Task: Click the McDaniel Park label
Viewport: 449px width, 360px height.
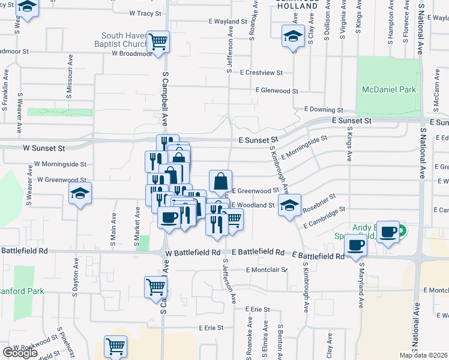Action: point(389,89)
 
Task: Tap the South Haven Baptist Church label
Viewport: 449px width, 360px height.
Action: point(124,40)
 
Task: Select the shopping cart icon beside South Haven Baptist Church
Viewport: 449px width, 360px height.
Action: point(159,42)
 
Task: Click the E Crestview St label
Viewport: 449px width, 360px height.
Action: point(261,73)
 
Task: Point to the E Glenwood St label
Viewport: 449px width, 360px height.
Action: point(276,91)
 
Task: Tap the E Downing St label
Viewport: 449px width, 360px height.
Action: point(323,110)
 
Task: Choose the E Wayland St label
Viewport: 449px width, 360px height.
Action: point(228,21)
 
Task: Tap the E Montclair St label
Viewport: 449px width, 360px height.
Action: point(267,269)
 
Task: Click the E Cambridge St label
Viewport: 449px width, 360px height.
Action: point(325,217)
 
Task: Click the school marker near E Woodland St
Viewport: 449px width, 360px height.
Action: point(289,206)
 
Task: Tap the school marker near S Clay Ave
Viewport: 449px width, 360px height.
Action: point(292,38)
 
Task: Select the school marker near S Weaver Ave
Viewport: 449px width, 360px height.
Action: point(79,194)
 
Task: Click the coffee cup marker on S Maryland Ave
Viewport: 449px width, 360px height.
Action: point(356,245)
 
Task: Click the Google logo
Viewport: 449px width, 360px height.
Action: point(20,353)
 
